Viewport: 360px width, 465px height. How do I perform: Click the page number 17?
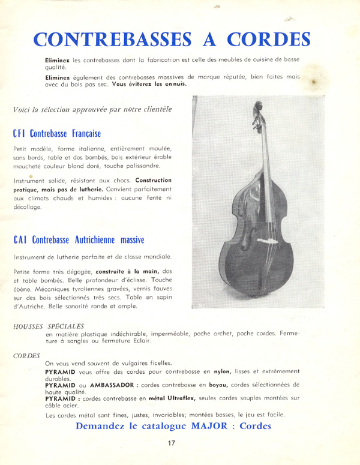[x=172, y=445]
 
